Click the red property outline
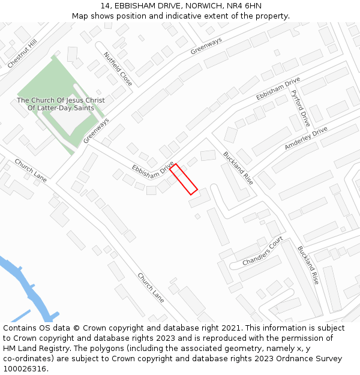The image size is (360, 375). pyautogui.click(x=184, y=179)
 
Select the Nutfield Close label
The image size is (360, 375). pyautogui.click(x=118, y=68)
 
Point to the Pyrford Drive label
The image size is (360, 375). pyautogui.click(x=299, y=104)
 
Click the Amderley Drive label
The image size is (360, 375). pyautogui.click(x=306, y=139)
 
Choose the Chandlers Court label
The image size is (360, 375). pyautogui.click(x=263, y=251)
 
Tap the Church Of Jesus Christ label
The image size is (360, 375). pyautogui.click(x=61, y=100)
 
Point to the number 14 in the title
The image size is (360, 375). pyautogui.click(x=106, y=6)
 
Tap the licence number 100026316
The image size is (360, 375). pyautogui.click(x=25, y=368)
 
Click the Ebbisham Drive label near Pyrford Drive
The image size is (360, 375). pyautogui.click(x=278, y=89)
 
